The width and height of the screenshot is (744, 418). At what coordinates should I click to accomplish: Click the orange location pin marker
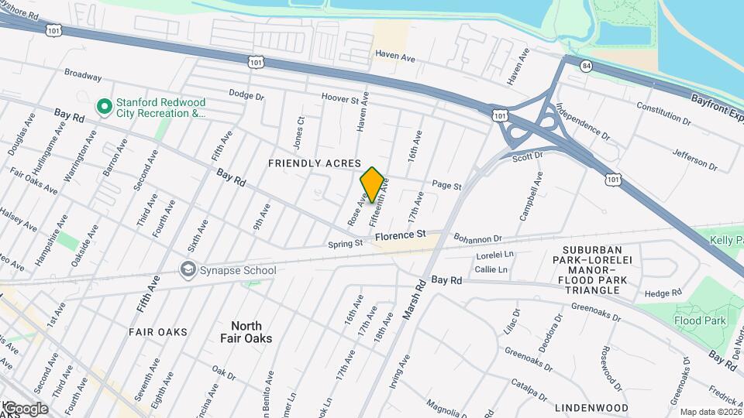pyautogui.click(x=372, y=185)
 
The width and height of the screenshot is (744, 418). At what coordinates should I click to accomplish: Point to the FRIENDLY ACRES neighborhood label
pyautogui.click(x=315, y=163)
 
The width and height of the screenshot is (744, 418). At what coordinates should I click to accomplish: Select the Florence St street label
pyautogui.click(x=400, y=234)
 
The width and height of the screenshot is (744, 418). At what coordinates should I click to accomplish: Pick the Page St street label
pyautogui.click(x=446, y=186)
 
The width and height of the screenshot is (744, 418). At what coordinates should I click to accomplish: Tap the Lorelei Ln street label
pyautogui.click(x=495, y=254)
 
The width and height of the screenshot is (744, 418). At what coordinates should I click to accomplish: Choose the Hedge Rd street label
pyautogui.click(x=663, y=293)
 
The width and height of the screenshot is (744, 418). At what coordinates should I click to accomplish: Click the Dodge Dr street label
pyautogui.click(x=247, y=94)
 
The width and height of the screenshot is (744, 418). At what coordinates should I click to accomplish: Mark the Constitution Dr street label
pyautogui.click(x=663, y=113)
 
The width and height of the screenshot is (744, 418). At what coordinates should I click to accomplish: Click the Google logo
pyautogui.click(x=25, y=409)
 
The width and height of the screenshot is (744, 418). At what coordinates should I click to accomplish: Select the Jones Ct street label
pyautogui.click(x=301, y=131)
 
